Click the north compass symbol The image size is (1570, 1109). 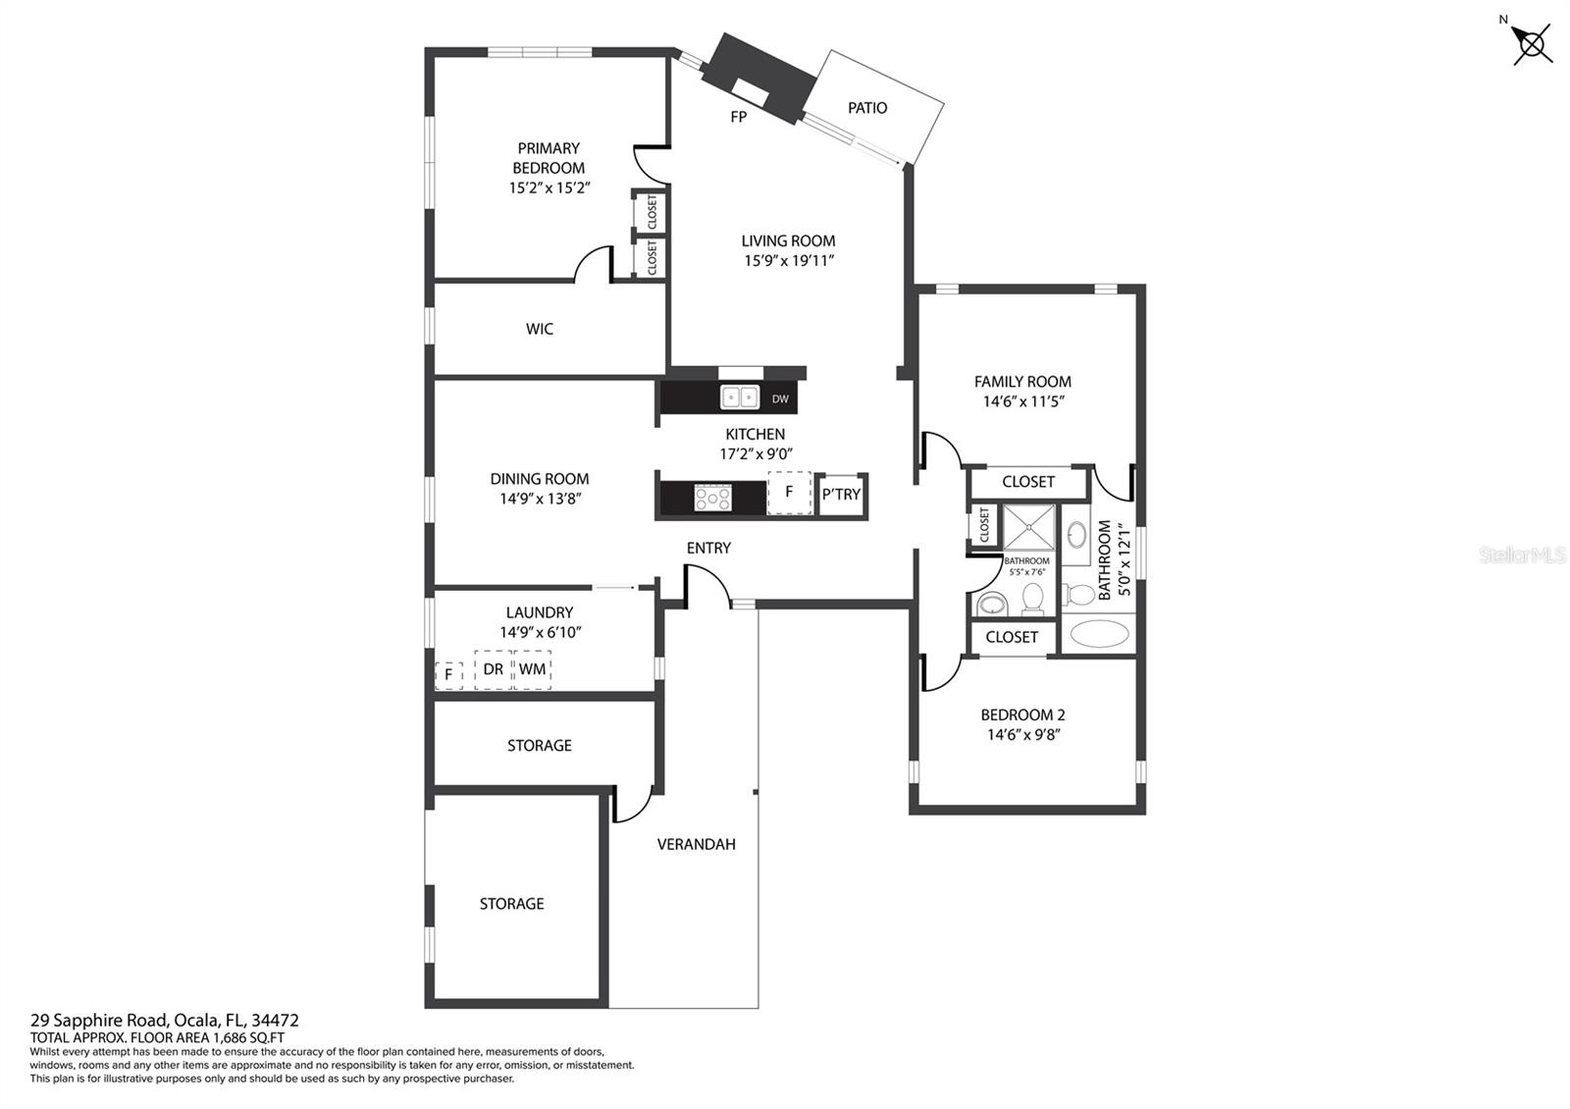(x=1530, y=44)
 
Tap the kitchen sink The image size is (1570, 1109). (x=740, y=397)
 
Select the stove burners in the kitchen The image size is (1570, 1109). (x=712, y=499)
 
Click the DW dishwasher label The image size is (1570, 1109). (x=780, y=398)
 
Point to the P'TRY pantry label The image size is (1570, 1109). (x=841, y=495)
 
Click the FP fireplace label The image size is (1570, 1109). (x=738, y=117)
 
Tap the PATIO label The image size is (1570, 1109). (x=867, y=108)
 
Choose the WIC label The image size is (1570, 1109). (x=539, y=329)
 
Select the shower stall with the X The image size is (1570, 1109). (x=1029, y=527)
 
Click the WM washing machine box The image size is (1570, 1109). (x=532, y=669)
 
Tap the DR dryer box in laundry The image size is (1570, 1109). (x=493, y=669)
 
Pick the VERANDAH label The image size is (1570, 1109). (x=696, y=844)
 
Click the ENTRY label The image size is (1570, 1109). (x=708, y=549)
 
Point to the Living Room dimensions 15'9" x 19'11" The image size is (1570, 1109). (x=789, y=261)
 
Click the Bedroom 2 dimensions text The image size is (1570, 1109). (x=1023, y=735)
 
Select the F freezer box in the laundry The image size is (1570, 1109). (x=448, y=675)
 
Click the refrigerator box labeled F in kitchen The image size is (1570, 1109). (x=789, y=492)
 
